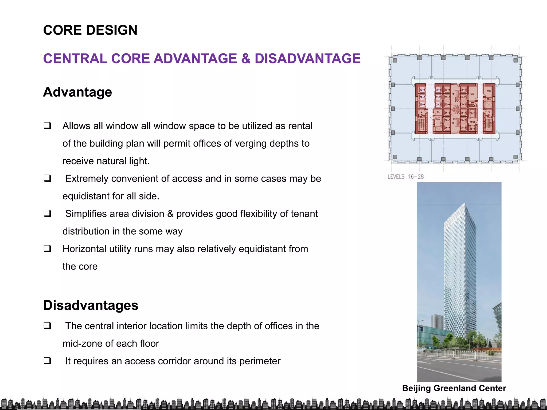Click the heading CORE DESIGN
pos(90,30)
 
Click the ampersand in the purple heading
pos(245,59)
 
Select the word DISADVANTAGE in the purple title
pos(307,59)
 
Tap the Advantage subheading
pos(77,92)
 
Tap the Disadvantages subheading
pos(91,305)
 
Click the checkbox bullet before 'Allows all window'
pos(48,125)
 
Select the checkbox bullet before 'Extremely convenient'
pos(48,178)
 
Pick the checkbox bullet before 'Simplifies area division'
pos(48,213)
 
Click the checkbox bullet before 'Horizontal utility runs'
pos(48,249)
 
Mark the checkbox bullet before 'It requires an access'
pos(48,361)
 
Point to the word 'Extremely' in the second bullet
pos(86,179)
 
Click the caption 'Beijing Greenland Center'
pos(454,388)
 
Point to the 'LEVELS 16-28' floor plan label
pos(406,177)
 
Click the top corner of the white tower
pos(465,204)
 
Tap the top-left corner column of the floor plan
pos(395,60)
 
